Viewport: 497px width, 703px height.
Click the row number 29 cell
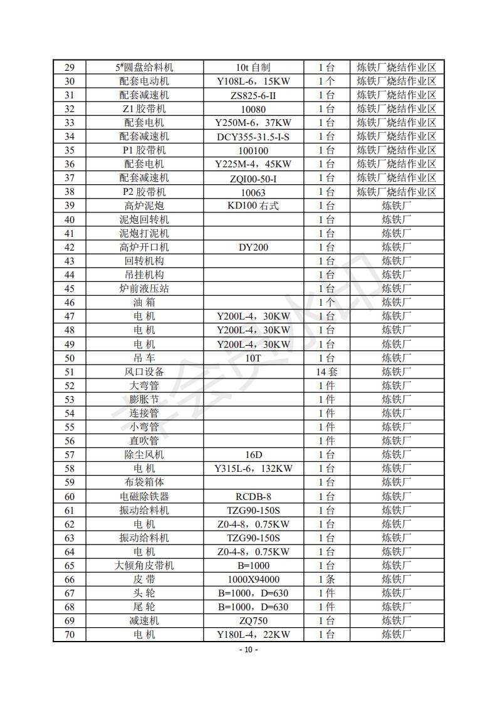(x=69, y=68)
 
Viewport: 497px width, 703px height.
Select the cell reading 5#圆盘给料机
(x=144, y=68)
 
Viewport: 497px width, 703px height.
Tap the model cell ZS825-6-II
(x=253, y=95)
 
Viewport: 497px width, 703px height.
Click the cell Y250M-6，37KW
(x=253, y=123)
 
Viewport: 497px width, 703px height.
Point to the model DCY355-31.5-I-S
(x=253, y=137)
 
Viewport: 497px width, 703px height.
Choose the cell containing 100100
(x=253, y=150)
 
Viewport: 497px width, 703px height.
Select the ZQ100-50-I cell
(x=253, y=178)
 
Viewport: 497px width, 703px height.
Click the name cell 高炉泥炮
(x=144, y=206)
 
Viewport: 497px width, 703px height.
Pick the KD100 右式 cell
(x=253, y=206)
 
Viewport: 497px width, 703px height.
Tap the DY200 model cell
(x=253, y=247)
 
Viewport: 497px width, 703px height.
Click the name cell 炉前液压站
(x=144, y=288)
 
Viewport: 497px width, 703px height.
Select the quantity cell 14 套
(x=326, y=372)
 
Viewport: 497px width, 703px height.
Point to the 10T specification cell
(x=253, y=358)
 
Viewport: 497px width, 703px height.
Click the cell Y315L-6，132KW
(x=253, y=468)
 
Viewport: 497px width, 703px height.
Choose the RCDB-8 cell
(x=253, y=496)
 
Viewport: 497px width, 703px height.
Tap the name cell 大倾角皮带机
(x=144, y=565)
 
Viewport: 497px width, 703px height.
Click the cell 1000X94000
(x=253, y=579)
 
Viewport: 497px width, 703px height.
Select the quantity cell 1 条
(x=326, y=579)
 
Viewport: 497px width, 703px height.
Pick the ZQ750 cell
(x=253, y=620)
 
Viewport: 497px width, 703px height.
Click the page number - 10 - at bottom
(x=249, y=649)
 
